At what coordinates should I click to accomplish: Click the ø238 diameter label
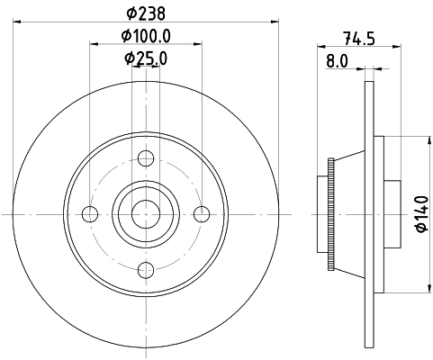click(146, 13)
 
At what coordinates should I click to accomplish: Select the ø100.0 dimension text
click(146, 36)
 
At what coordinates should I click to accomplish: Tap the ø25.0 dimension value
click(146, 58)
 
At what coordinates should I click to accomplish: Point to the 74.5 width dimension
click(359, 39)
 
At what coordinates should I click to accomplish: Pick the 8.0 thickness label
click(337, 61)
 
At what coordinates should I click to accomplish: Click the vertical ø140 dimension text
click(422, 214)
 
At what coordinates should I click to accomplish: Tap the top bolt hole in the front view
click(146, 158)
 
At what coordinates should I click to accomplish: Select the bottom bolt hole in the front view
click(146, 270)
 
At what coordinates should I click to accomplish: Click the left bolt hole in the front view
click(90, 214)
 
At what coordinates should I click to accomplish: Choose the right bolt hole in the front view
click(202, 214)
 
